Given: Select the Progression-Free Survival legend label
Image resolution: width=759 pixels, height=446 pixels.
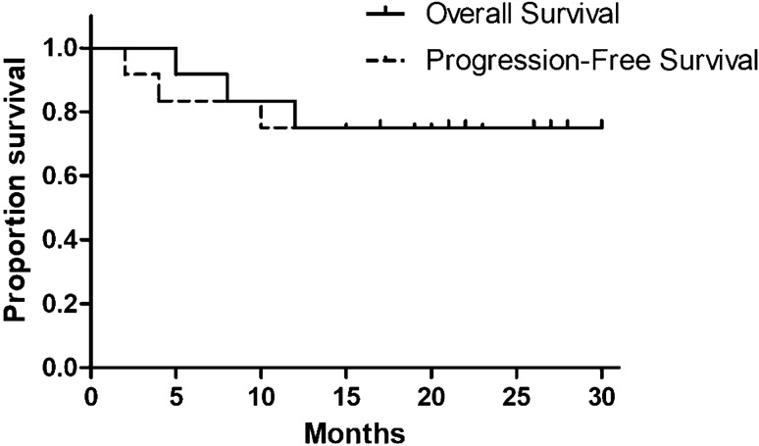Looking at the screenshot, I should [x=592, y=61].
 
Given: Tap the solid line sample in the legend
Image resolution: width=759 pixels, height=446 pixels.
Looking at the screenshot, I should [x=384, y=15].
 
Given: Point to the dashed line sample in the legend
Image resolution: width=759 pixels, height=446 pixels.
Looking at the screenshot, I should [x=384, y=61].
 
